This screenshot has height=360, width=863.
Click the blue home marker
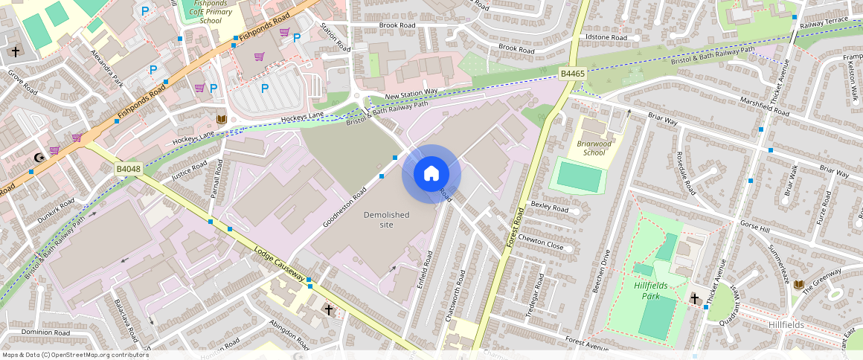[431, 174]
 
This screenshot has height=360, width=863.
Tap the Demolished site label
[386, 219]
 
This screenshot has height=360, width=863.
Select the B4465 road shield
[573, 73]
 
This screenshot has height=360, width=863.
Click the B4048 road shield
[128, 170]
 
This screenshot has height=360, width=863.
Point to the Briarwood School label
[594, 148]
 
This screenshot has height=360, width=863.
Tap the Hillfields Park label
[652, 291]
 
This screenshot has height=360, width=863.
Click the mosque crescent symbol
[39, 157]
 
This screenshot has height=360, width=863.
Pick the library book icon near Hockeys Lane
[221, 119]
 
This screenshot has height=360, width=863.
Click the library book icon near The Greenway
[799, 285]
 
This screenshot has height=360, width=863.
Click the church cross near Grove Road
[16, 51]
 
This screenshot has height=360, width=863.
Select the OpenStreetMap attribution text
[75, 355]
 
